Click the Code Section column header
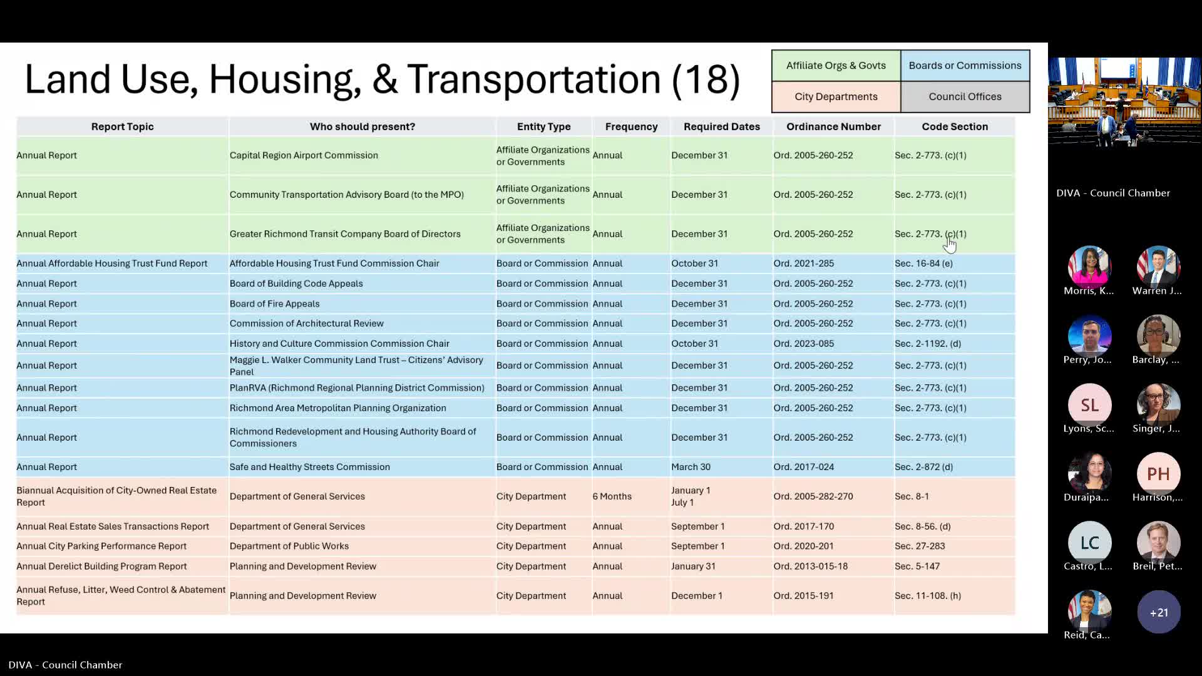click(954, 126)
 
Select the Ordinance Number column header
click(833, 126)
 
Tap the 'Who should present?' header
click(362, 126)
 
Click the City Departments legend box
click(836, 96)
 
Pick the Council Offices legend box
click(965, 96)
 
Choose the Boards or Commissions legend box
click(965, 66)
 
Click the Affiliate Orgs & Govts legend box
click(836, 66)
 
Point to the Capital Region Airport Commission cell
click(304, 155)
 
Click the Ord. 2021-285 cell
click(803, 264)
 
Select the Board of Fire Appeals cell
click(274, 304)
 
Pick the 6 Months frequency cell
click(612, 496)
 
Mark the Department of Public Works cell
click(289, 546)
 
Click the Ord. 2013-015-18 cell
click(810, 566)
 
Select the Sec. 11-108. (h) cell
click(927, 596)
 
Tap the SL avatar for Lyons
click(1089, 406)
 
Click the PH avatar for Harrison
click(1158, 474)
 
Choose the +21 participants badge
click(1158, 612)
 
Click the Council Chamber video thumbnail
click(1124, 102)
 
